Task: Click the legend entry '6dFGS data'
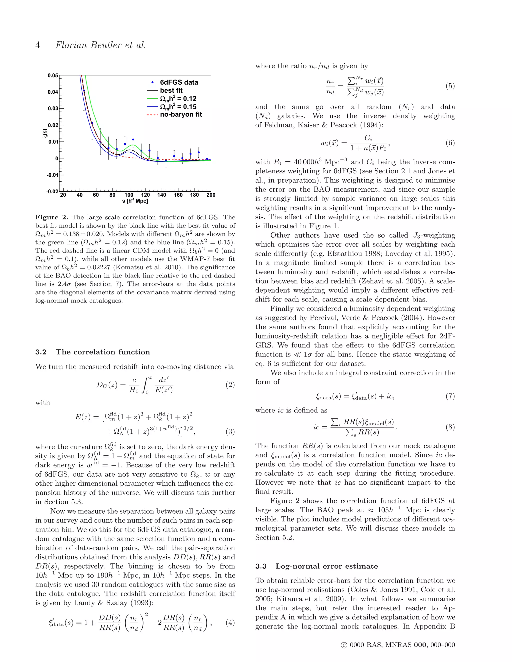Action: [x=179, y=82]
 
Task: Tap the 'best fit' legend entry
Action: [x=171, y=90]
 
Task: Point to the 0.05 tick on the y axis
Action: [x=53, y=75]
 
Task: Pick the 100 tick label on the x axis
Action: [x=129, y=195]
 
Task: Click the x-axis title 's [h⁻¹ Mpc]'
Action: [x=135, y=201]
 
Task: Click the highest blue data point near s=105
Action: [x=133, y=140]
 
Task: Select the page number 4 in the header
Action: [x=37, y=45]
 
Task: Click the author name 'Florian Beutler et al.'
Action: [x=100, y=45]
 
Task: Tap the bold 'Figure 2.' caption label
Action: [x=51, y=217]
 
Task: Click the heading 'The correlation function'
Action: [x=102, y=352]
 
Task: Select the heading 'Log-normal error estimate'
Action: [x=326, y=566]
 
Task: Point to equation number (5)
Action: [x=450, y=86]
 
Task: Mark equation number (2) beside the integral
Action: [x=230, y=385]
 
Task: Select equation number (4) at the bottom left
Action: [x=230, y=623]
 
